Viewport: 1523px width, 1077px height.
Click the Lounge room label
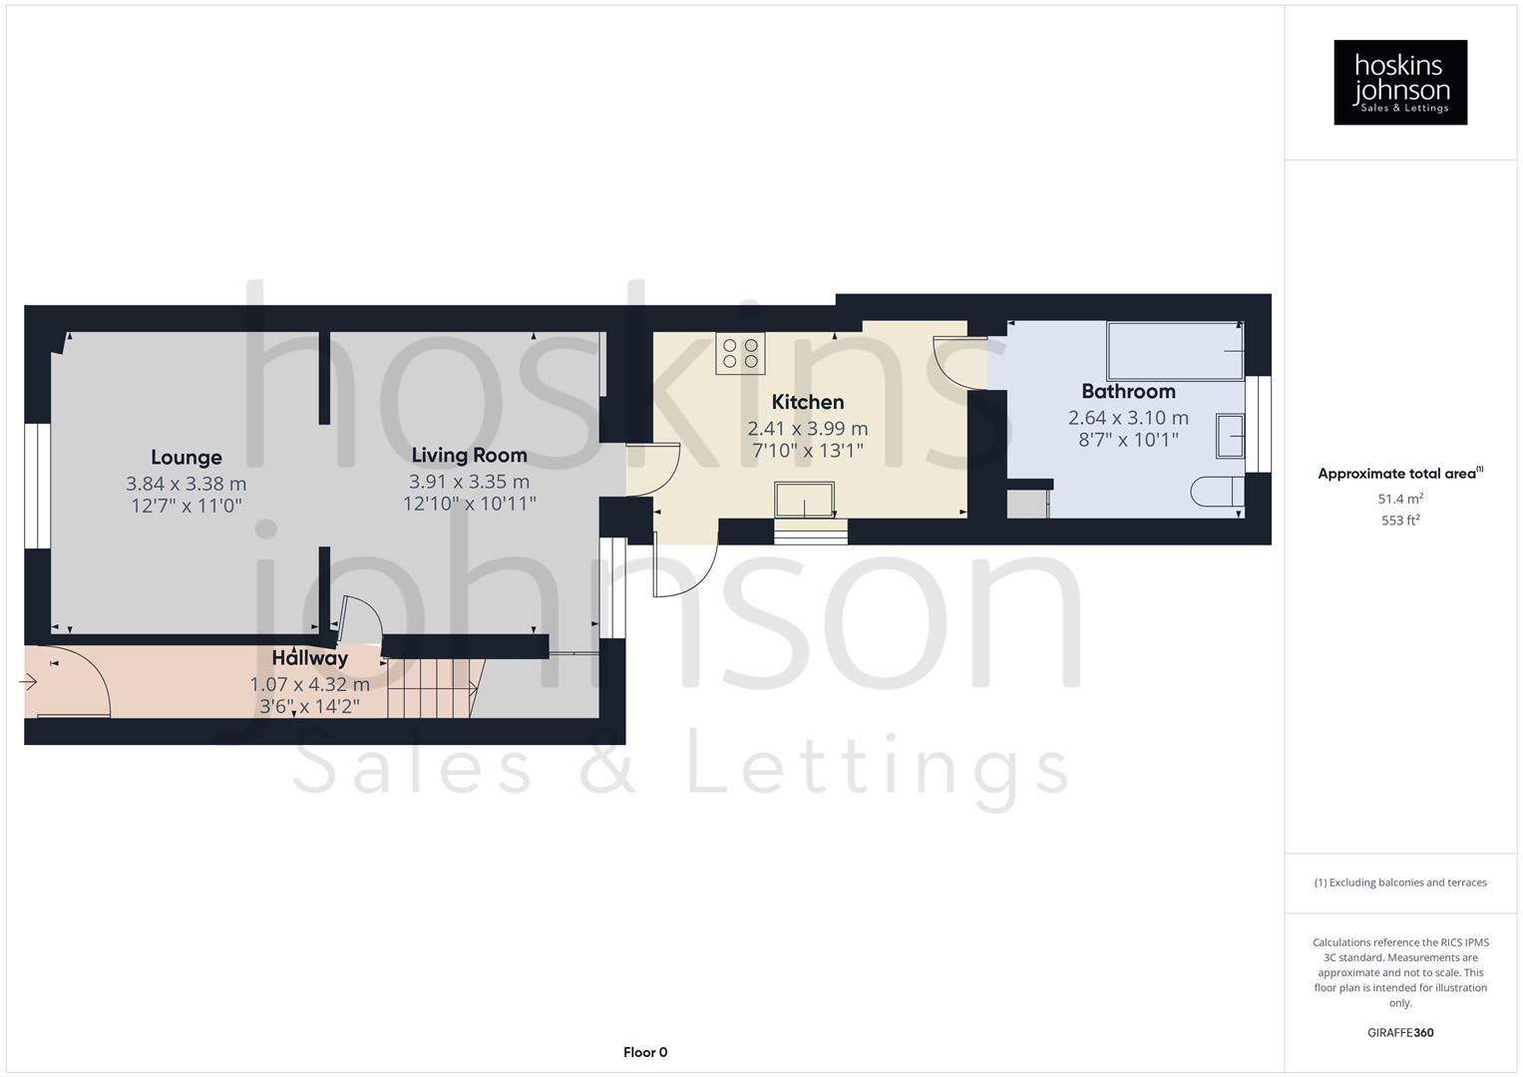pos(187,458)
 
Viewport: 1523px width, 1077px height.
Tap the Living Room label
pos(469,456)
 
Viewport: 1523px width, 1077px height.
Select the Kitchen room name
pos(808,402)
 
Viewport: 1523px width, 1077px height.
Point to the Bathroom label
pos(1128,391)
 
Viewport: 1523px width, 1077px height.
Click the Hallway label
pos(310,658)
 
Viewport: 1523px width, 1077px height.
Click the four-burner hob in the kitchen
pos(740,353)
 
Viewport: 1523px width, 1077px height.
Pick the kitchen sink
pos(805,499)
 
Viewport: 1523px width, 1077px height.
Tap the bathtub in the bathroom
pos(1175,350)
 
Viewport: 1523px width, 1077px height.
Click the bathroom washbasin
pos(1230,437)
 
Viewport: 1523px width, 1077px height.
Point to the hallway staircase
pos(429,687)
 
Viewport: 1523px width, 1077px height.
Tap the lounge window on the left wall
pos(38,487)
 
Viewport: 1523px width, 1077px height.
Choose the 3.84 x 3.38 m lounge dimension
pos(187,484)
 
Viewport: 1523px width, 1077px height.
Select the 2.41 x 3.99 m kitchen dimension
pos(808,428)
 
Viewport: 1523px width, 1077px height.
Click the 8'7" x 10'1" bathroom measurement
pos(1128,440)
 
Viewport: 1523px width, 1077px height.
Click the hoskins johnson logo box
pos(1400,83)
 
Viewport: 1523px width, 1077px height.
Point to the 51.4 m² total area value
pos(1400,499)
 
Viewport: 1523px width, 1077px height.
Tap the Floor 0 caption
pos(645,1052)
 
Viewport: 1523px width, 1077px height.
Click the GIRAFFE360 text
pos(1400,1032)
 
